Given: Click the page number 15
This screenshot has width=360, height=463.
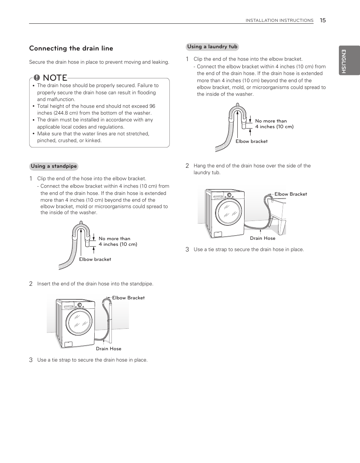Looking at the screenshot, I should [323, 20].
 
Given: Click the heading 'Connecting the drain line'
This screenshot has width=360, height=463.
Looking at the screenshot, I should [71, 48].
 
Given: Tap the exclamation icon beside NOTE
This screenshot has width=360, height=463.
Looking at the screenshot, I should [37, 78].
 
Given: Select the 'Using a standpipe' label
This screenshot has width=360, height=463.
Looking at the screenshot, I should [54, 166].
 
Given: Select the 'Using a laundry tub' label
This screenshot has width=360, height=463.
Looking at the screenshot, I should [212, 47].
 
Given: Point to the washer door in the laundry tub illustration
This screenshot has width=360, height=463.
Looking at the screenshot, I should [229, 212].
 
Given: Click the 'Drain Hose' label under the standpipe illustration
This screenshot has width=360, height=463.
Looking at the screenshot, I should [109, 349].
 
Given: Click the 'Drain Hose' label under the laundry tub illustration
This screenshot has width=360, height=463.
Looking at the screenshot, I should [263, 238].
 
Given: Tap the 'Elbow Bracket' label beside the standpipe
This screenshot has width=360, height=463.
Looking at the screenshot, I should [128, 298].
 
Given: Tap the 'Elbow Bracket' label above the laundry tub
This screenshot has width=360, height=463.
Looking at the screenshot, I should [291, 194].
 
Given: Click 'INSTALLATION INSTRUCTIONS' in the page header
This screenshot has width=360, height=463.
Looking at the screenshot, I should [279, 20].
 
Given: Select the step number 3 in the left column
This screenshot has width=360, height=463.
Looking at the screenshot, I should [31, 360].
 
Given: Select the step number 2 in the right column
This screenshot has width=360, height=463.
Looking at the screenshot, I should [187, 166].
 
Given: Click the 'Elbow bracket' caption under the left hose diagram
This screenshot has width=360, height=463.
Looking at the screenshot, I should [95, 259].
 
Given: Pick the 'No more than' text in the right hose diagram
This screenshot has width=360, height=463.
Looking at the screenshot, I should [271, 121].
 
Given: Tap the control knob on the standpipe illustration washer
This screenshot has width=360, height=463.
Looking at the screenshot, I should [80, 305].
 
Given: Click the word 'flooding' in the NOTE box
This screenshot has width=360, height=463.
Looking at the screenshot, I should [146, 92].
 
